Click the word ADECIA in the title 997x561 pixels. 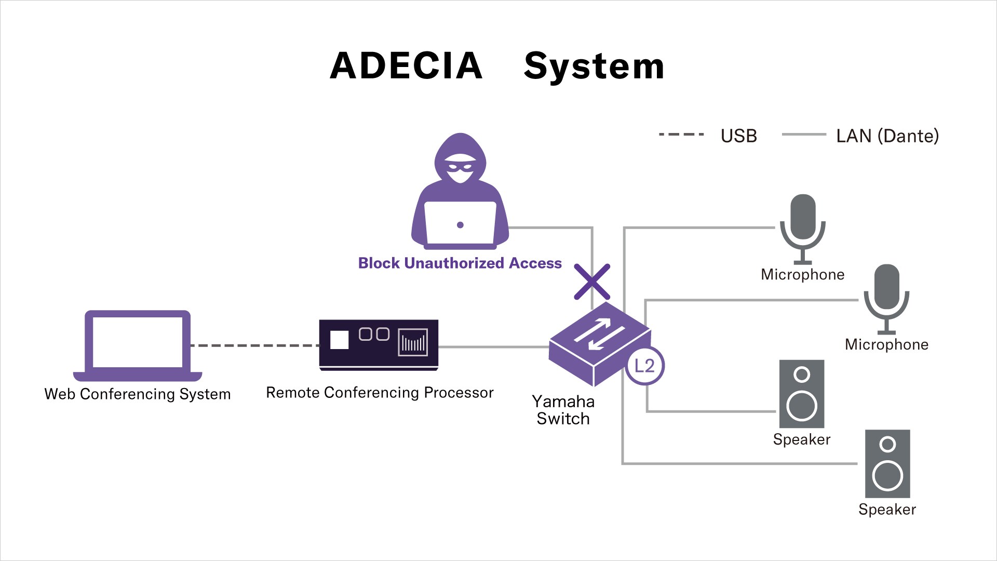[406, 66]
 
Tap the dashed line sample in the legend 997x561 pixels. [681, 135]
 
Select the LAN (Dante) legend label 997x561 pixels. [887, 136]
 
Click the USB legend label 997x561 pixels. [738, 136]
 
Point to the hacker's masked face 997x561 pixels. [460, 168]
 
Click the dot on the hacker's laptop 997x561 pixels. [460, 225]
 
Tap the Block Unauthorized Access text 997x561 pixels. [460, 263]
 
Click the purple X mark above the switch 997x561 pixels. [592, 282]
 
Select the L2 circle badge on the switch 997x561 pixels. [644, 366]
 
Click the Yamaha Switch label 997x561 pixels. [563, 410]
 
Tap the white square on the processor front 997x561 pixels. [340, 340]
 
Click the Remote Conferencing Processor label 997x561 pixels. [380, 393]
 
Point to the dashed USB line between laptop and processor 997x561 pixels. [254, 345]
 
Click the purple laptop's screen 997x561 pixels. [138, 342]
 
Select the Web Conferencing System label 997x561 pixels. [138, 394]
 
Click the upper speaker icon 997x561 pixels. [802, 394]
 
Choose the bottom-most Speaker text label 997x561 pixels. [887, 510]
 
